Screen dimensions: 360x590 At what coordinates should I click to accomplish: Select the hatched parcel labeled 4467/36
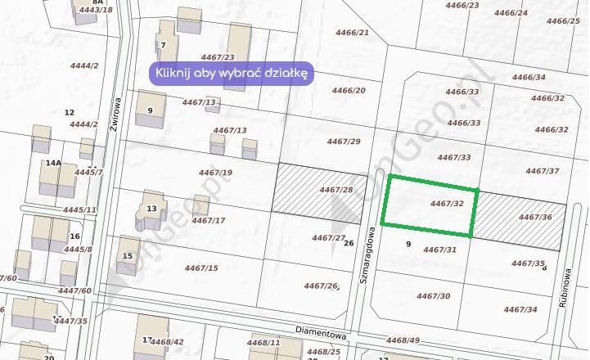tap(521, 221)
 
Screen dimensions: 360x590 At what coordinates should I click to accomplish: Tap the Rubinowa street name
tap(565, 290)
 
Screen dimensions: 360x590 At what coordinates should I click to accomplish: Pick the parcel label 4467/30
tap(434, 295)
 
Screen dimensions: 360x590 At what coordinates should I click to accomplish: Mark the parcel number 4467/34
tap(520, 309)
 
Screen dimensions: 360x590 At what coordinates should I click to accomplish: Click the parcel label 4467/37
tap(542, 171)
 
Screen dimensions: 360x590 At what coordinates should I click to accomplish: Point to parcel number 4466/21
tap(353, 33)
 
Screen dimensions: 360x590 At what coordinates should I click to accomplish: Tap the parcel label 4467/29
tap(344, 142)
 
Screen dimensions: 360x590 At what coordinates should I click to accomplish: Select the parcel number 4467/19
tap(216, 172)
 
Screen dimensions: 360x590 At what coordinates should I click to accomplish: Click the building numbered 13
tap(151, 209)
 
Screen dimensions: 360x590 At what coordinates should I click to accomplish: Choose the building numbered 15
tap(128, 256)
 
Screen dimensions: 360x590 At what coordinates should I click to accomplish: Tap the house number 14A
tap(54, 164)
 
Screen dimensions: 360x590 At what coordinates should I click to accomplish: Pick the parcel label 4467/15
tap(201, 268)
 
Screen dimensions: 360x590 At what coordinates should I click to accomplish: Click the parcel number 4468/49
tap(403, 340)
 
